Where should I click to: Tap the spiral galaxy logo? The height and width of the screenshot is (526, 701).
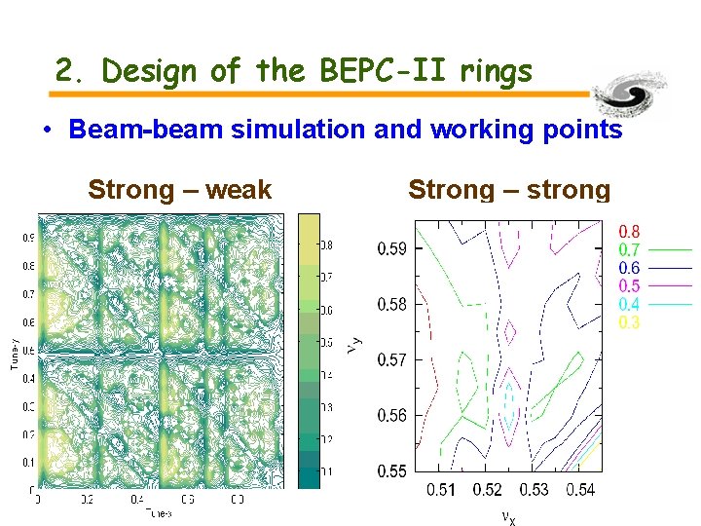pos(634,95)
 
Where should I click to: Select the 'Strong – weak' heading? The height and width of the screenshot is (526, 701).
pos(179,190)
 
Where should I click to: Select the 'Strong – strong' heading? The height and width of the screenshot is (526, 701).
pos(509,190)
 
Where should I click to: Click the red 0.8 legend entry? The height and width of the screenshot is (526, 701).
pos(630,232)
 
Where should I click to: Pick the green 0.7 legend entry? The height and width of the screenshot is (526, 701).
pos(630,250)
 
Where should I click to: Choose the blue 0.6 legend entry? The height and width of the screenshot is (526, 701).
pos(630,268)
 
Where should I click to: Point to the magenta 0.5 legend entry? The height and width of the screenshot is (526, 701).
pos(630,286)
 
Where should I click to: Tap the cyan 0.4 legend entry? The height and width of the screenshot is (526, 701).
pos(630,305)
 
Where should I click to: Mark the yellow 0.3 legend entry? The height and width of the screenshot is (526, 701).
pos(630,322)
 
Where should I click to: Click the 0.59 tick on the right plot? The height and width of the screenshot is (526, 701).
pos(392,249)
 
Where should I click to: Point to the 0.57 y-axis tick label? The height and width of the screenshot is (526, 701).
pos(392,360)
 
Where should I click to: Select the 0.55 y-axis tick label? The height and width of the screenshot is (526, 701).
pos(392,471)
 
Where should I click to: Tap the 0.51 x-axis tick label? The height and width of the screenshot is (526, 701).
pos(441,490)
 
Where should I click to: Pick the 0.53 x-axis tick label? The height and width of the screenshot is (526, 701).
pos(533,490)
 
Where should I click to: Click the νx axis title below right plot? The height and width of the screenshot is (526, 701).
pos(508,516)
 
